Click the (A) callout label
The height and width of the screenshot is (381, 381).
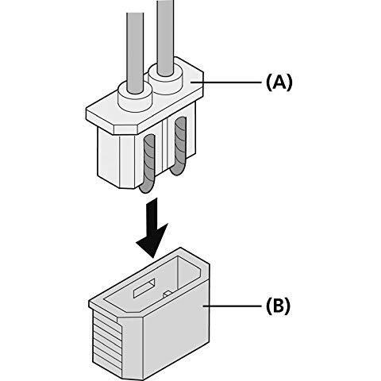279,83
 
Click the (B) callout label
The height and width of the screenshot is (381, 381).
278,306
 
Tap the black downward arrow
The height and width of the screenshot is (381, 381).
152,228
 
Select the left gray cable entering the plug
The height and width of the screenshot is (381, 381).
135,53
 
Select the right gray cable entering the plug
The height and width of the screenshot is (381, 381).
165,37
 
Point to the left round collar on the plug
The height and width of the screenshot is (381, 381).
135,97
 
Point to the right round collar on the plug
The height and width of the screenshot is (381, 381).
166,79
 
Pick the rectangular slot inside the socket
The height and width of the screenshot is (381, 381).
144,288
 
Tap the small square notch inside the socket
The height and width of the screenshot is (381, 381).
167,294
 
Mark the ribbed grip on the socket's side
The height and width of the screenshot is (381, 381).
107,341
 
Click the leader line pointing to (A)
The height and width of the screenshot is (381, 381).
226,83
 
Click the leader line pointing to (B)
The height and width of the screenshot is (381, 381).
233,306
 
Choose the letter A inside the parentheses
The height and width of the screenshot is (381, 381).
279,83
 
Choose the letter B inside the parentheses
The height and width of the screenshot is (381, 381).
279,306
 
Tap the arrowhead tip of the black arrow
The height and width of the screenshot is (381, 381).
152,258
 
